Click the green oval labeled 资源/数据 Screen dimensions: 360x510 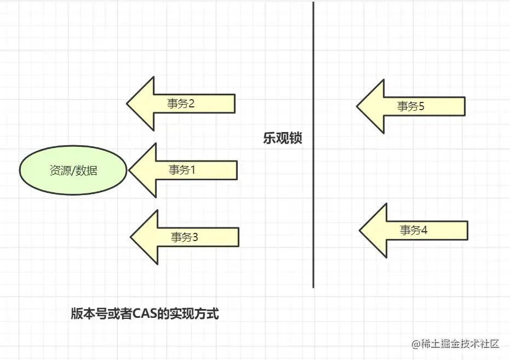point(73,170)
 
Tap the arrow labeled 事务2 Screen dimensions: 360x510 point(181,104)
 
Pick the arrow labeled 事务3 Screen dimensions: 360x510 point(184,237)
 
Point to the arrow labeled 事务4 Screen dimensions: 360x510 point(414,230)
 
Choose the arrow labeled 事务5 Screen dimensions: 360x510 point(411,106)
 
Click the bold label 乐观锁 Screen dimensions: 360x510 point(282,139)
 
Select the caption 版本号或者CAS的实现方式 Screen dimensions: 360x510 point(145,314)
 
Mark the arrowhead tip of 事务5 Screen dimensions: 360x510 point(358,106)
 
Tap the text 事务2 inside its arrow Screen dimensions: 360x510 point(181,104)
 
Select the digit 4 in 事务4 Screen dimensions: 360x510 point(424,230)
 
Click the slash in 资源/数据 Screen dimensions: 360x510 point(73,170)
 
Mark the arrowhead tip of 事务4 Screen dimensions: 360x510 point(360,230)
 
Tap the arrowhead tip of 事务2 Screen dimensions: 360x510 point(128,104)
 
